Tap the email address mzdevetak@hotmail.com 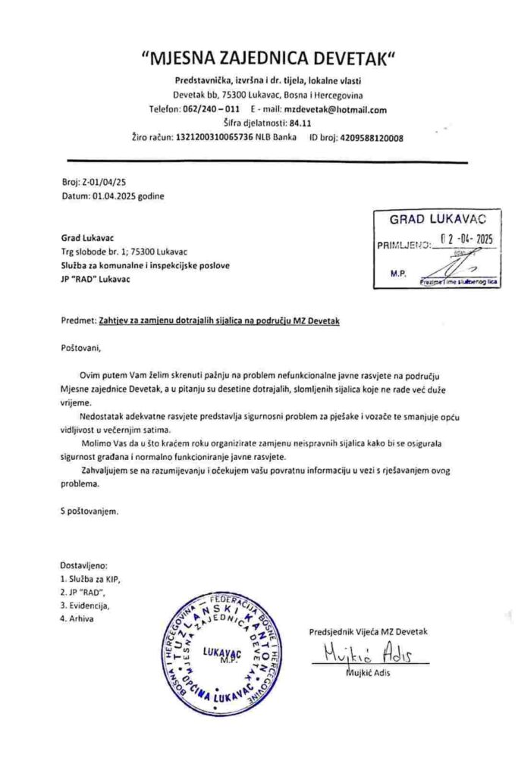click(346, 110)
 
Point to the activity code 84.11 click(300, 124)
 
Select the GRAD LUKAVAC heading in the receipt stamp click(435, 220)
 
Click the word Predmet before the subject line click(77, 321)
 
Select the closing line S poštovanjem click(89, 511)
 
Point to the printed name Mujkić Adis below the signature click(369, 675)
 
